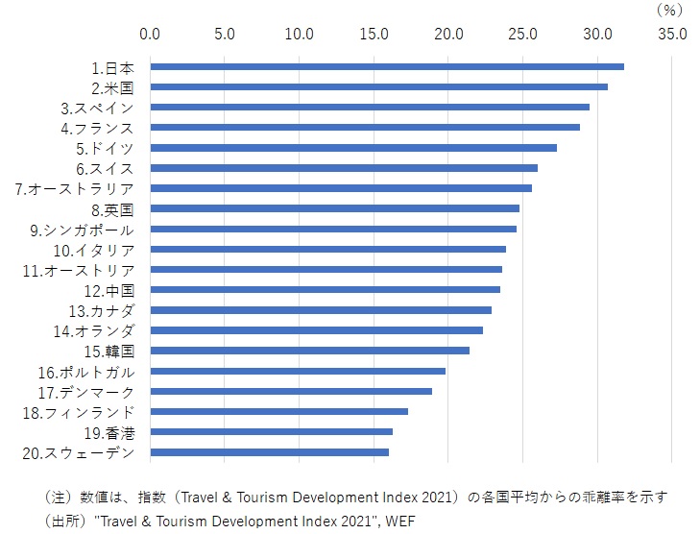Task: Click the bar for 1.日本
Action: (387, 66)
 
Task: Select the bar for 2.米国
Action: (379, 86)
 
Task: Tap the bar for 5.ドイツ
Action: (353, 147)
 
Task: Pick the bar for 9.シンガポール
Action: (333, 229)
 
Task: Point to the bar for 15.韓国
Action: (310, 351)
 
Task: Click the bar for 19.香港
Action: (272, 431)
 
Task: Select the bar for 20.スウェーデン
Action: (270, 451)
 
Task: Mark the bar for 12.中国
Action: (326, 289)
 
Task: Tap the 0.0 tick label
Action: (151, 35)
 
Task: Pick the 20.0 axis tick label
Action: (449, 35)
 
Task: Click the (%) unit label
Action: (668, 10)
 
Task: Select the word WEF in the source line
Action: (403, 520)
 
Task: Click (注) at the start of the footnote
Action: (59, 498)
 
